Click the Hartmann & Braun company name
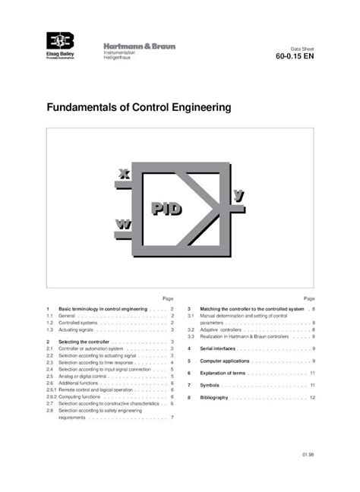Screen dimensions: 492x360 tap(139, 46)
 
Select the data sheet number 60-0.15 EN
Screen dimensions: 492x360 tap(293, 55)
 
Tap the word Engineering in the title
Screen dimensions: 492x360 tap(199, 108)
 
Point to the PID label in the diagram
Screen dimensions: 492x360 tap(166, 208)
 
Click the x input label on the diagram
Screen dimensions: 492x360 tap(125, 175)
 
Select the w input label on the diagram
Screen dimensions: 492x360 tap(123, 224)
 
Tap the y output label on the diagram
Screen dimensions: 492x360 tap(238, 196)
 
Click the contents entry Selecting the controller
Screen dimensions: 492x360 tap(84, 342)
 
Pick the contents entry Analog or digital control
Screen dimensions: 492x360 tap(82, 376)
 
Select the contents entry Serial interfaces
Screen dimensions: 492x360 tap(218, 348)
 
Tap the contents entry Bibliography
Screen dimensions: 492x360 tap(214, 397)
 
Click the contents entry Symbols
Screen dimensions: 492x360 tap(210, 386)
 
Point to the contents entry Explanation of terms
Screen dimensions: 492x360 tap(223, 374)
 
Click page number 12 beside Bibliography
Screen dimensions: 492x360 tap(312, 397)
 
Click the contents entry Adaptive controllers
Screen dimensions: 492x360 tap(220, 330)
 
